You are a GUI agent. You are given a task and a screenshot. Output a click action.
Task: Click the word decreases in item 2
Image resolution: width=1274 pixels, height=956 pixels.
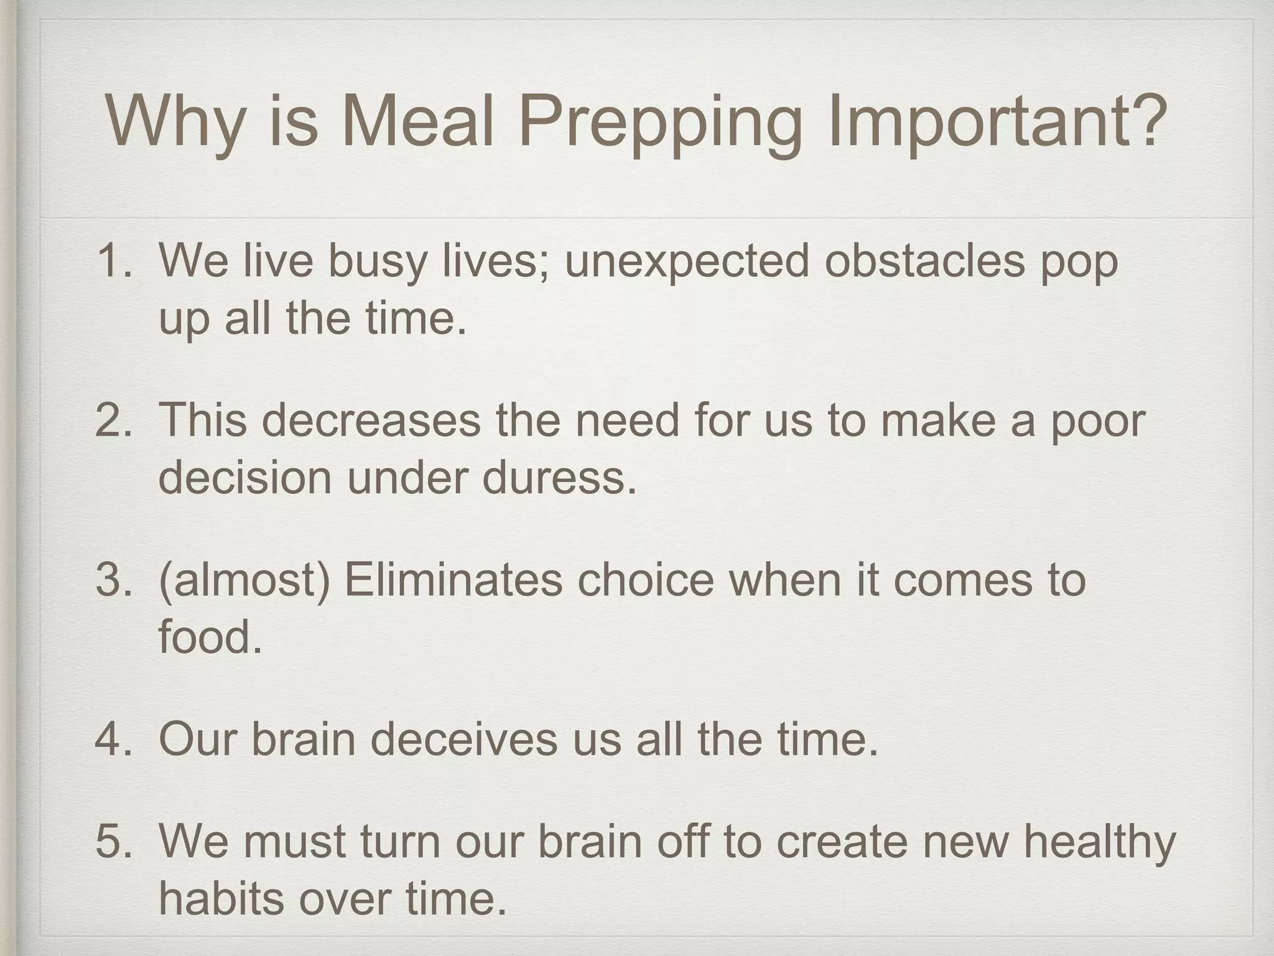click(x=371, y=419)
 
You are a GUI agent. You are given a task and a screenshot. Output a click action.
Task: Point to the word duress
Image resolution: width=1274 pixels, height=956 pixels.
click(x=560, y=478)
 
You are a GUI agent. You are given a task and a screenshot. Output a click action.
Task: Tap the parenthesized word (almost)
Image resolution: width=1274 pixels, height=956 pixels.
click(x=244, y=580)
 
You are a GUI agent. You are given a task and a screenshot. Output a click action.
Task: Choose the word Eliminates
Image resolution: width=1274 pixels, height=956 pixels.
click(x=453, y=579)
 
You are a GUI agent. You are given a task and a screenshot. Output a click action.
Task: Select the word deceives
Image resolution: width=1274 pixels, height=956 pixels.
click(x=464, y=739)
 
